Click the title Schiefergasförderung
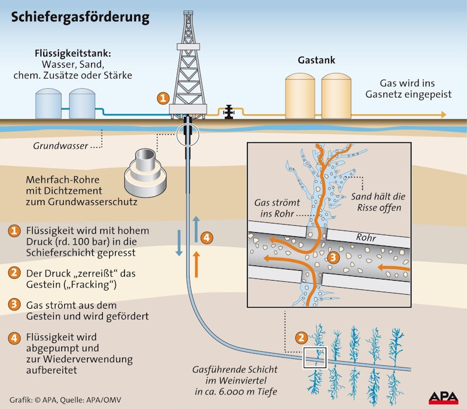(79, 18)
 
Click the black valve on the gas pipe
(229, 111)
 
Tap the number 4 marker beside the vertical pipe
(205, 237)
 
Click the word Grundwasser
(64, 145)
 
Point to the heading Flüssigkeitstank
(73, 54)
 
